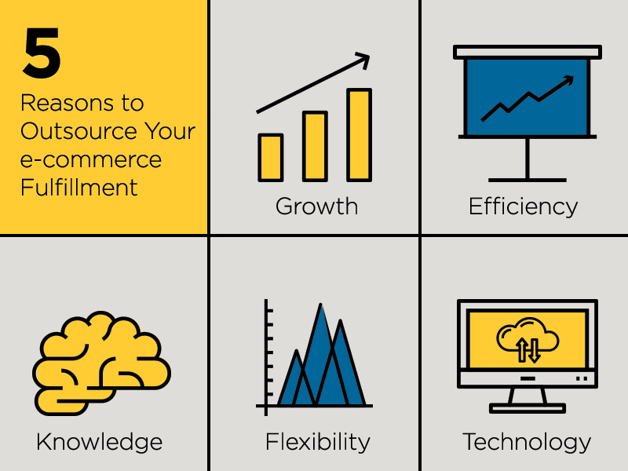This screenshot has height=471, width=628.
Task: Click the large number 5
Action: (x=42, y=53)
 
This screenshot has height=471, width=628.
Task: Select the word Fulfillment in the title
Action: (x=79, y=187)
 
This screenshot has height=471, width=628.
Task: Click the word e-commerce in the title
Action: (x=91, y=160)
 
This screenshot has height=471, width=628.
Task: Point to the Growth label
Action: (x=316, y=206)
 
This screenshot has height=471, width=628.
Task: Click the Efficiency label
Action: (x=523, y=206)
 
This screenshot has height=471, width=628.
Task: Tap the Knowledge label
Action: (x=100, y=442)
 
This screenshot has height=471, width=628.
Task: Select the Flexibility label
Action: (x=318, y=442)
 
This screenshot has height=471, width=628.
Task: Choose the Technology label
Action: (x=527, y=442)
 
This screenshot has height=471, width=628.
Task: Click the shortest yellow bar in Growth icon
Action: (x=271, y=158)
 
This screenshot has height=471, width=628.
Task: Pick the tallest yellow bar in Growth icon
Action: (x=360, y=135)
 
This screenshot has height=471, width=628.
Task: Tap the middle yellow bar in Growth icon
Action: (x=316, y=146)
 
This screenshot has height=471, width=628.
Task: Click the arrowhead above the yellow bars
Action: (x=363, y=60)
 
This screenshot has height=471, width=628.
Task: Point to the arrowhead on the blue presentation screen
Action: (x=568, y=80)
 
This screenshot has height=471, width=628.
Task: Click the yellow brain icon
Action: (x=102, y=363)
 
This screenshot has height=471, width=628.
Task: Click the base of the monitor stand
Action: (x=527, y=408)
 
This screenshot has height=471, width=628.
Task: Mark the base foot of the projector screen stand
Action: (x=527, y=181)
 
